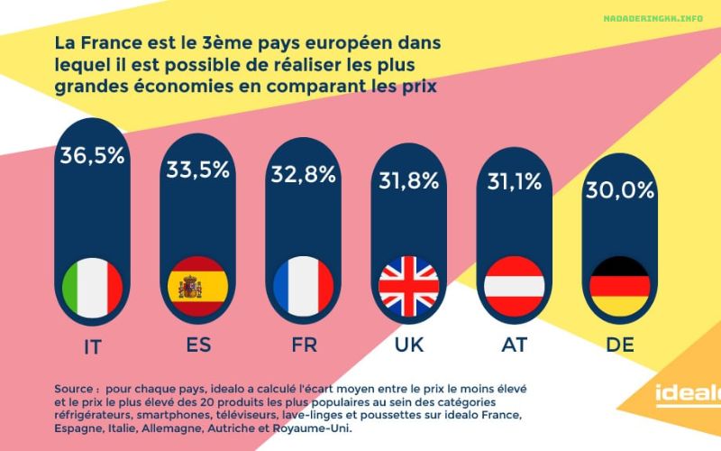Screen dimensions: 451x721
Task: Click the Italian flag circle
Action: click(x=93, y=287)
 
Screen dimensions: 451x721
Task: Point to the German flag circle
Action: click(x=619, y=287)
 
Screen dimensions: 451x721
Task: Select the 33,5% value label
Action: click(x=197, y=170)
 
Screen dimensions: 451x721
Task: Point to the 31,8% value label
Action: click(x=408, y=179)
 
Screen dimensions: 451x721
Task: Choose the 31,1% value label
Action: click(x=515, y=182)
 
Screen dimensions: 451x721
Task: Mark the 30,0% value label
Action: click(x=619, y=191)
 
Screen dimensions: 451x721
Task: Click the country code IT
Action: click(x=92, y=346)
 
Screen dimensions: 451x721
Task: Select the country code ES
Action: click(x=197, y=346)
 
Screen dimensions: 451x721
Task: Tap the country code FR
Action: click(x=304, y=346)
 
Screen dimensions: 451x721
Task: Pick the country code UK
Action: click(x=408, y=346)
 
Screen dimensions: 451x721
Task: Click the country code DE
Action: click(x=620, y=346)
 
